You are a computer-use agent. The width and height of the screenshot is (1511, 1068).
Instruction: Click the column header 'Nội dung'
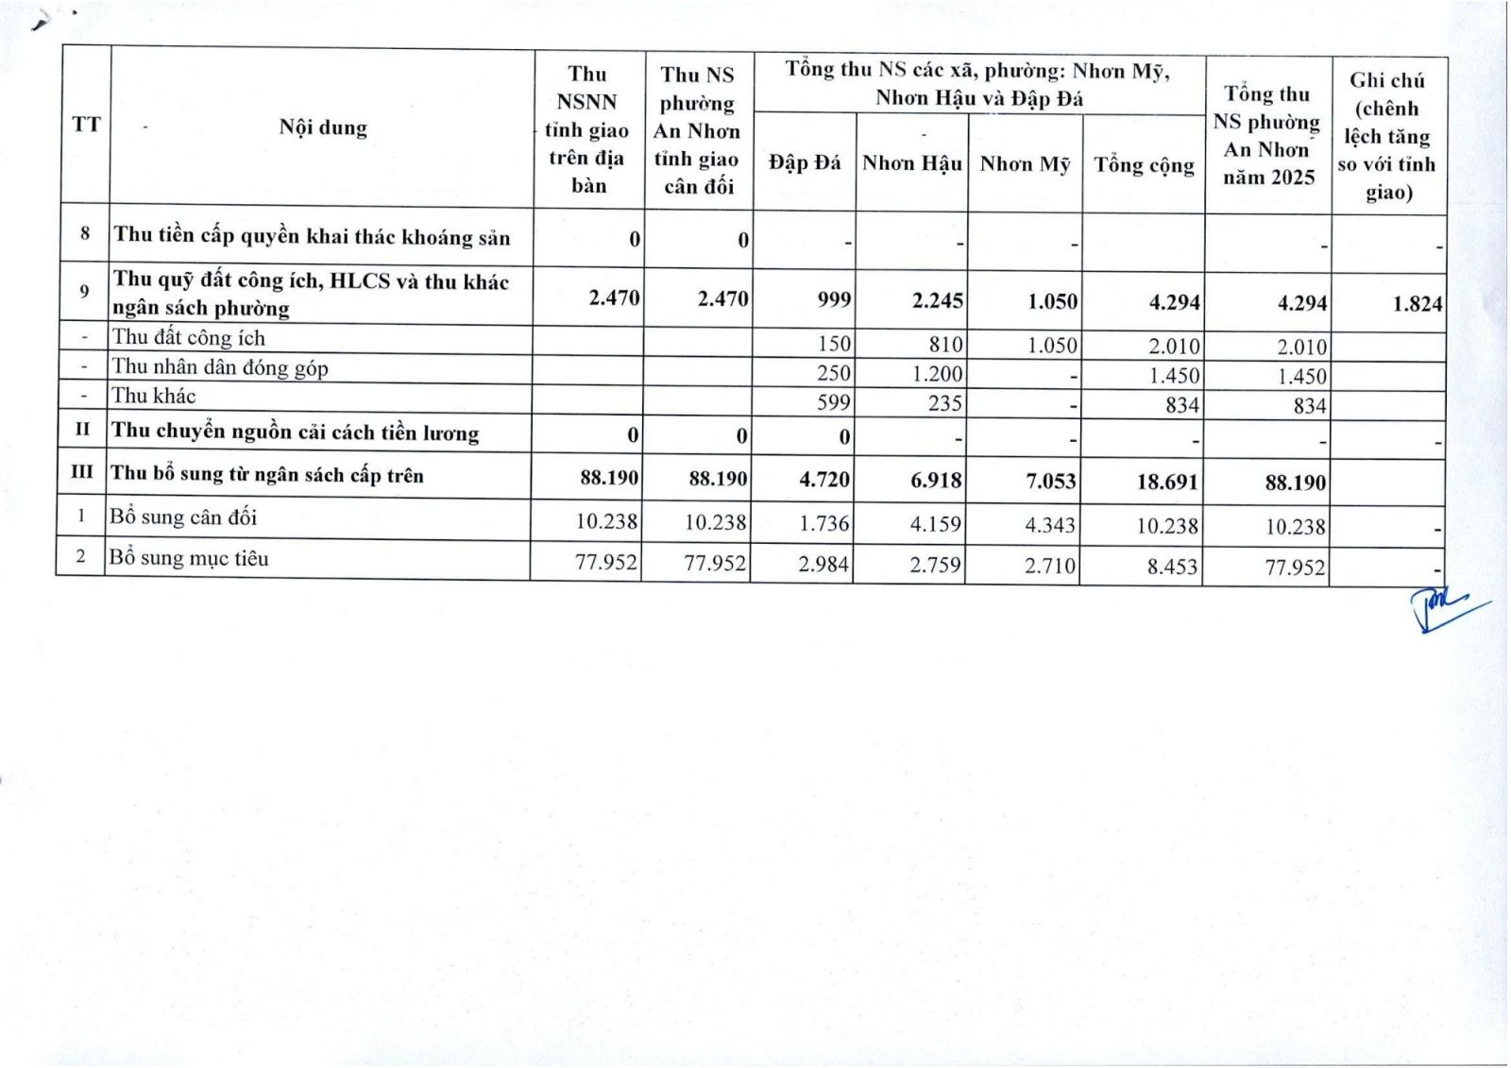point(323,127)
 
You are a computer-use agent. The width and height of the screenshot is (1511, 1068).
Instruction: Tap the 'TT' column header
point(86,125)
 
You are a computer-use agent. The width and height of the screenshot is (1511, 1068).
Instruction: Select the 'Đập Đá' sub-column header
point(805,162)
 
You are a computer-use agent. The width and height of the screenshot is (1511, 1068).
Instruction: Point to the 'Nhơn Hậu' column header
point(911,163)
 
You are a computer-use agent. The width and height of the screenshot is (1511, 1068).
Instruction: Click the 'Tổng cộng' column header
point(1144,165)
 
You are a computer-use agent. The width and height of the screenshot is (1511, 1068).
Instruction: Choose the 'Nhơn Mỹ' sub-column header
point(1025,164)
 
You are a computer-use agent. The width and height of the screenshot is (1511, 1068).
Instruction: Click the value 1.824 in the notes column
point(1417,304)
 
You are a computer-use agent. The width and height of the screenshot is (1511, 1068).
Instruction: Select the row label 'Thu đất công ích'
point(189,338)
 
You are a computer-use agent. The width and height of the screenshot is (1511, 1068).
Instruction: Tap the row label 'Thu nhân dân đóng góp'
point(220,367)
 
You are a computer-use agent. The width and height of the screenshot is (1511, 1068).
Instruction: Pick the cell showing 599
point(834,403)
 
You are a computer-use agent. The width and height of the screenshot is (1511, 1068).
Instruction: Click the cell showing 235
point(944,404)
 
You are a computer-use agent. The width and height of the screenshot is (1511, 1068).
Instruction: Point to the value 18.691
point(1167,482)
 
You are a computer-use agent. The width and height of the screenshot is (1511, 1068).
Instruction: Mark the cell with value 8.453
point(1172,567)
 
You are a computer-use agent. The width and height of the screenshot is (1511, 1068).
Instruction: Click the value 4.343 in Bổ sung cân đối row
point(1050,524)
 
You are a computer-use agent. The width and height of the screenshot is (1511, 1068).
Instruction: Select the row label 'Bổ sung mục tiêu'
point(189,558)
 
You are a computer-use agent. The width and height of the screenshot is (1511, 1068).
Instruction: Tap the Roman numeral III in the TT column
point(82,472)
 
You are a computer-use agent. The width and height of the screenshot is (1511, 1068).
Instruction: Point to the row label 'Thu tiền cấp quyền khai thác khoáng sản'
point(312,236)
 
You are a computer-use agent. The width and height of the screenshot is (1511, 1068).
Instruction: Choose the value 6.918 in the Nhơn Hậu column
point(936,480)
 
